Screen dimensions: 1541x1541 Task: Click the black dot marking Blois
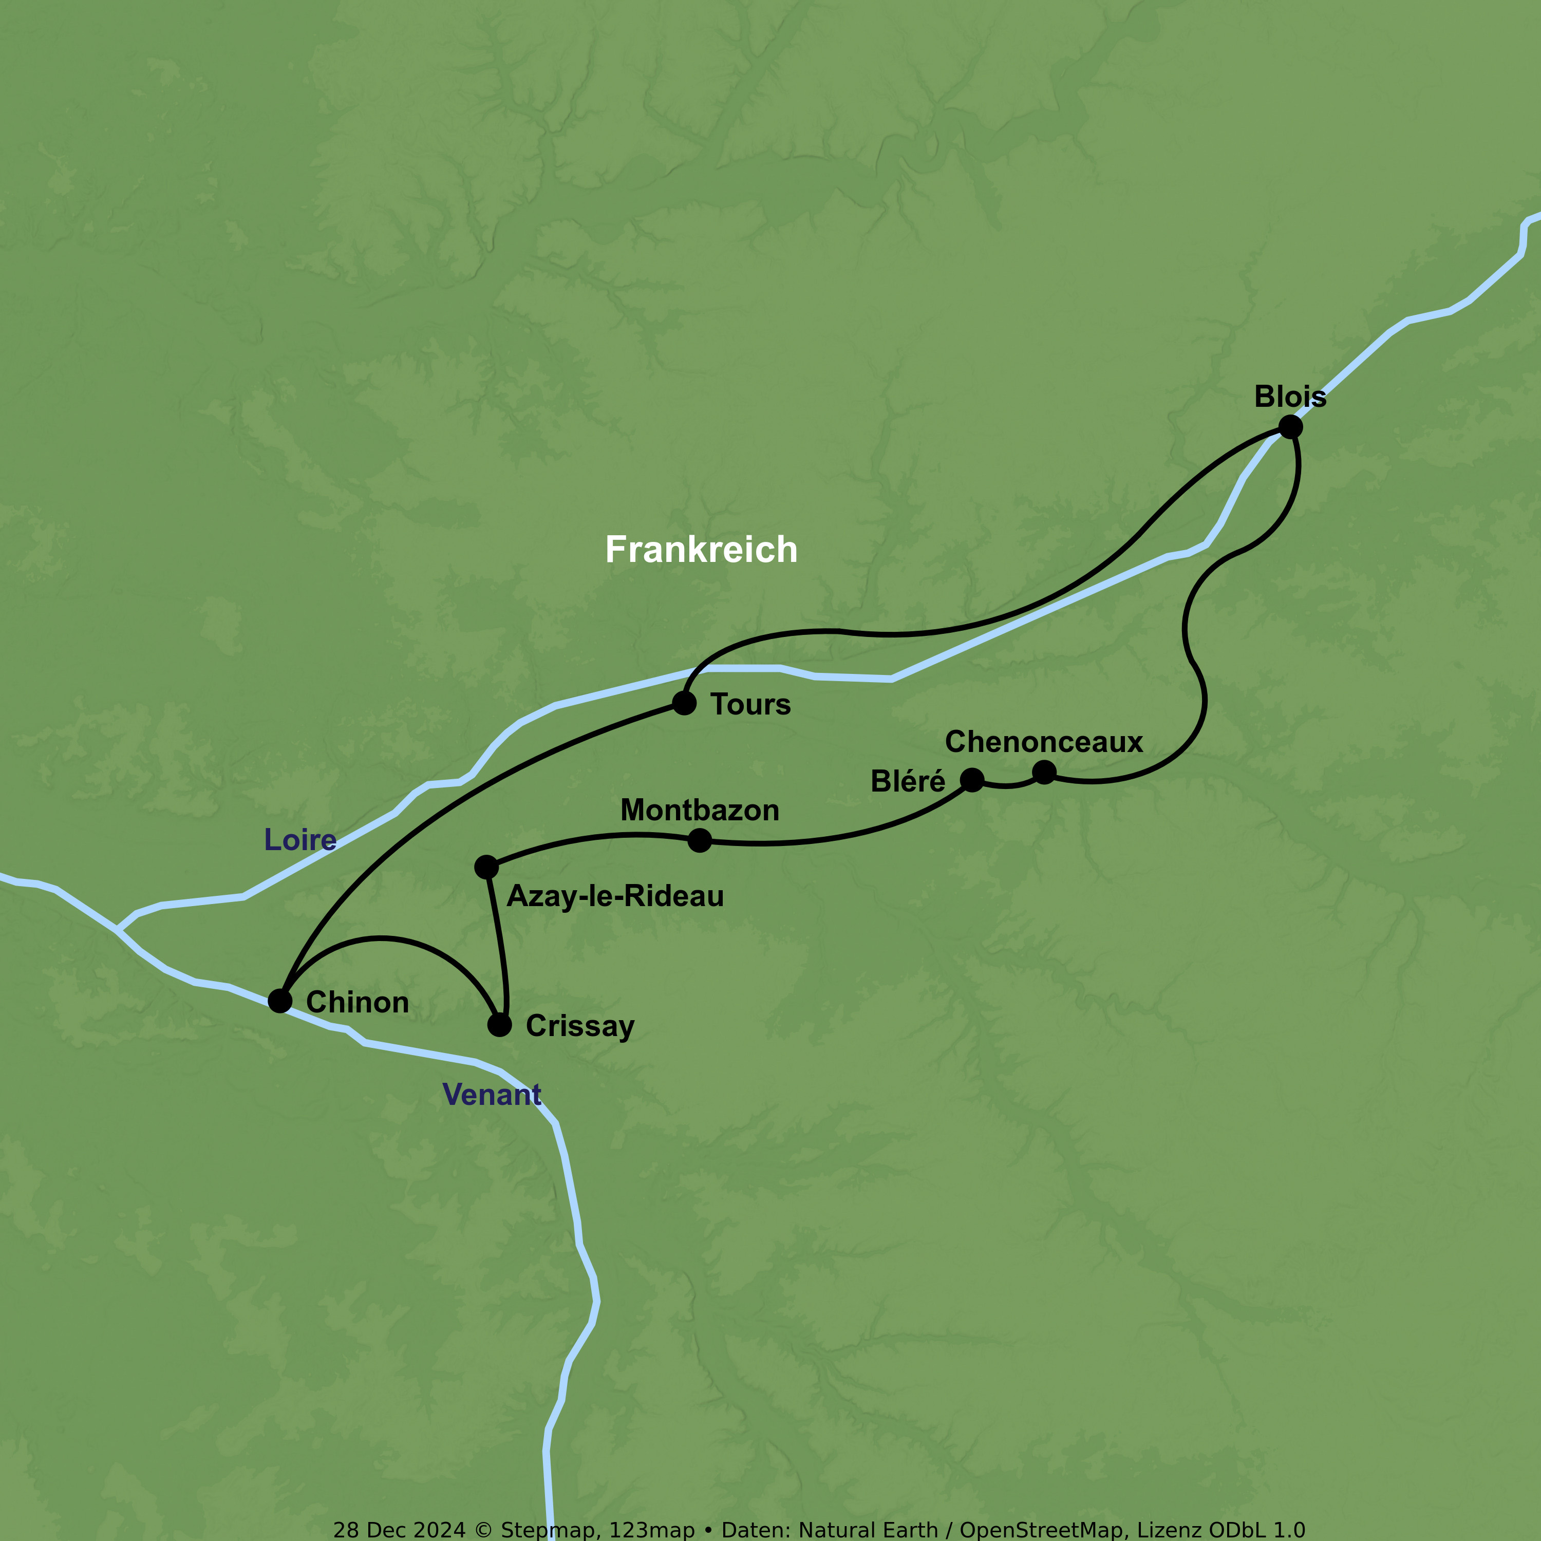1290,427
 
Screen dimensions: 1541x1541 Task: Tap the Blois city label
1290,397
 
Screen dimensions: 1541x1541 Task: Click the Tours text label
750,704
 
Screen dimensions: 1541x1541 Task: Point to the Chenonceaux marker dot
1044,772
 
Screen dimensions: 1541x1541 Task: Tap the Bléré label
907,781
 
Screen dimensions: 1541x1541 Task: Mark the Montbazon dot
700,840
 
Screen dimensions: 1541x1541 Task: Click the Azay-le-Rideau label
615,896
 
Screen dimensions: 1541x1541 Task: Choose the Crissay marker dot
499,1024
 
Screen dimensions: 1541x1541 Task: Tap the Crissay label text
580,1026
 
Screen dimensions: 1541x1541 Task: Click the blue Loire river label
300,840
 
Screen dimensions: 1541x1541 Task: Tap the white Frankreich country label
701,550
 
